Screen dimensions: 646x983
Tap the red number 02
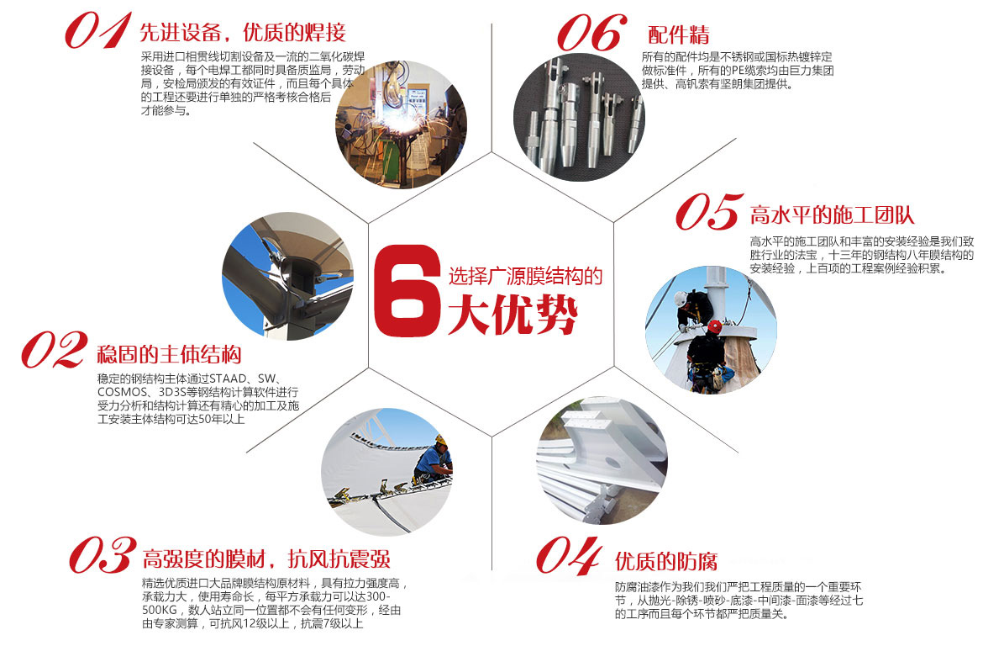tap(54, 349)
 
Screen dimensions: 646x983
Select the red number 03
tap(102, 555)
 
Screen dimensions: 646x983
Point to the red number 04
tap(569, 555)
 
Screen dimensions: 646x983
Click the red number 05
tap(707, 212)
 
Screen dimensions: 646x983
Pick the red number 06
tap(591, 34)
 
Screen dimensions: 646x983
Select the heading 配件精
tap(679, 35)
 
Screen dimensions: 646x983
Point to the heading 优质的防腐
tap(666, 561)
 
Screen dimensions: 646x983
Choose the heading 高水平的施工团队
tap(832, 214)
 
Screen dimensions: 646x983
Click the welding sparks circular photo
tap(401, 124)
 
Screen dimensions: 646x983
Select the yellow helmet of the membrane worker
tap(439, 440)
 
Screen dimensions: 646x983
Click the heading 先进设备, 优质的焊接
tap(242, 33)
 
